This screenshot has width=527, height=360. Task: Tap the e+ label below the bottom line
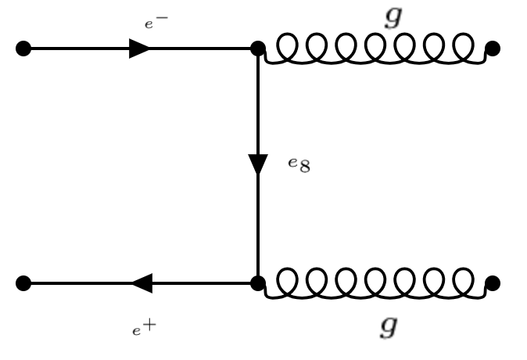[142, 328]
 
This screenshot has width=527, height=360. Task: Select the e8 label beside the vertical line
[298, 166]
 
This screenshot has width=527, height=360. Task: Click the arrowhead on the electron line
[139, 49]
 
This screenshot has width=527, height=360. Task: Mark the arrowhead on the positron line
[142, 283]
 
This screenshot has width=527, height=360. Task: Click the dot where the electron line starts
[23, 49]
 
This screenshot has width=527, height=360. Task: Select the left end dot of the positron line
[23, 283]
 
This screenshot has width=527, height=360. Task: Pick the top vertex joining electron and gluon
[258, 49]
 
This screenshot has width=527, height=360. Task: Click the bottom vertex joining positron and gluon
[258, 283]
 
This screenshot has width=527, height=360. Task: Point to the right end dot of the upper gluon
[493, 49]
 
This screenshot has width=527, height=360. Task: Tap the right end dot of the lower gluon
[493, 283]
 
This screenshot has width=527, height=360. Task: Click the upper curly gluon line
[375, 50]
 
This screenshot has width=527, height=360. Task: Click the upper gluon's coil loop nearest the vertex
[279, 49]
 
